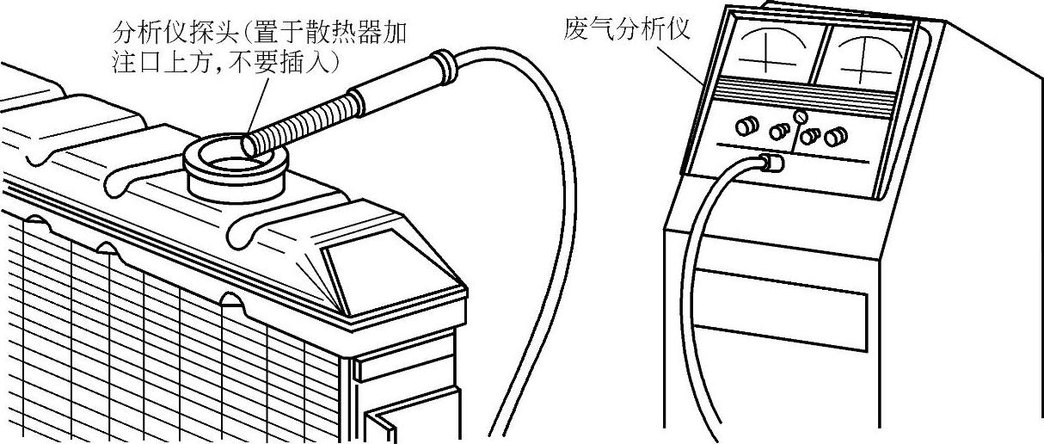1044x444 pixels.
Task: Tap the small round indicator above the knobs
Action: click(800, 115)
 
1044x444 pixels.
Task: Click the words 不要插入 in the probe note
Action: click(289, 62)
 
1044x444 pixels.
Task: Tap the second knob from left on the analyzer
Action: click(778, 132)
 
